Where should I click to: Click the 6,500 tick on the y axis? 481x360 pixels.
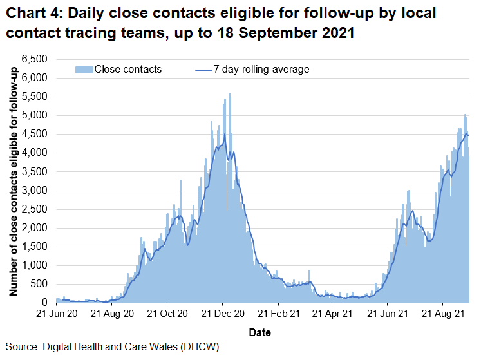tap(36, 59)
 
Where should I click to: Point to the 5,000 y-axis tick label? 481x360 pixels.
tap(36, 115)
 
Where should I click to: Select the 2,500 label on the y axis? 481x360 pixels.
tap(36, 209)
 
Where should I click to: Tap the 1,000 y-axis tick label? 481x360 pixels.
tap(36, 265)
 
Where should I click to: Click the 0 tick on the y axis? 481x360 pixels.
tap(45, 303)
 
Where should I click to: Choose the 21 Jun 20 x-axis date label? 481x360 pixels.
tap(56, 315)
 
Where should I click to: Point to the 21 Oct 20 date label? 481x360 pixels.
tap(167, 315)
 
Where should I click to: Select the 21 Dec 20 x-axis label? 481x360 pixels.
tap(222, 315)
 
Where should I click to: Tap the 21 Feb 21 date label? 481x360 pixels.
tap(278, 315)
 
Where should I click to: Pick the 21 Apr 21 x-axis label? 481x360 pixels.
tap(332, 315)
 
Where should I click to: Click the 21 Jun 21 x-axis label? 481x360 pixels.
tap(388, 315)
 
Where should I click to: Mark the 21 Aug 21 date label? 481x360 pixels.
tap(443, 315)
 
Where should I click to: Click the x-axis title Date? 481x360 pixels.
tap(261, 333)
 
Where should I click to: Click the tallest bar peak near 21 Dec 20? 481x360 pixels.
tap(229, 94)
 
